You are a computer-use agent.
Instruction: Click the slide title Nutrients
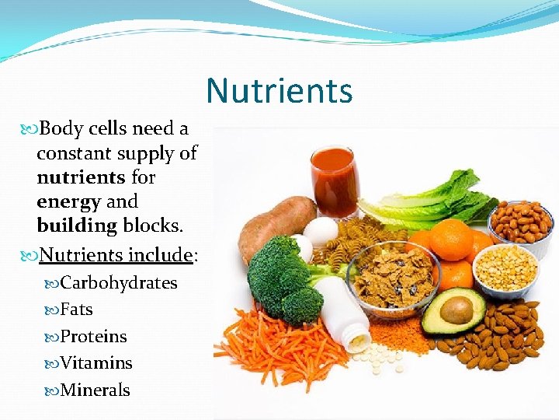pyautogui.click(x=279, y=90)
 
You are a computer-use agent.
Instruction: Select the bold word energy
pyautogui.click(x=68, y=201)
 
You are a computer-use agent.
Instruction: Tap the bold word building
pyautogui.click(x=75, y=226)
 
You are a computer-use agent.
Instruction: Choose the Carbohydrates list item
pyautogui.click(x=118, y=282)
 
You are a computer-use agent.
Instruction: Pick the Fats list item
pyautogui.click(x=76, y=310)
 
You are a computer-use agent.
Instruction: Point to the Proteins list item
pyautogui.click(x=92, y=336)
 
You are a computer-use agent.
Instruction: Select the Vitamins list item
pyautogui.click(x=95, y=363)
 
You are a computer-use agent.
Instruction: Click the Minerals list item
pyautogui.click(x=95, y=390)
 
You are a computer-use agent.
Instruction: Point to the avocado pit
pyautogui.click(x=457, y=310)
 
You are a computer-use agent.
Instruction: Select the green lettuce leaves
pyautogui.click(x=435, y=202)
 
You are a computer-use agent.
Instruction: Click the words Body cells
pyautogui.click(x=85, y=128)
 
